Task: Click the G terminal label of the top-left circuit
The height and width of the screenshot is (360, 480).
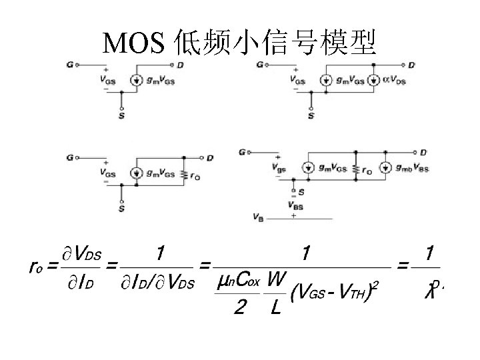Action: coord(70,65)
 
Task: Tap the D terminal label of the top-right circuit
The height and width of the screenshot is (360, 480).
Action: coord(411,65)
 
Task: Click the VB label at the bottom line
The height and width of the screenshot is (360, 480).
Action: coord(259,217)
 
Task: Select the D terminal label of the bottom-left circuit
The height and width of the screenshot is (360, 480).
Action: coord(210,158)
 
